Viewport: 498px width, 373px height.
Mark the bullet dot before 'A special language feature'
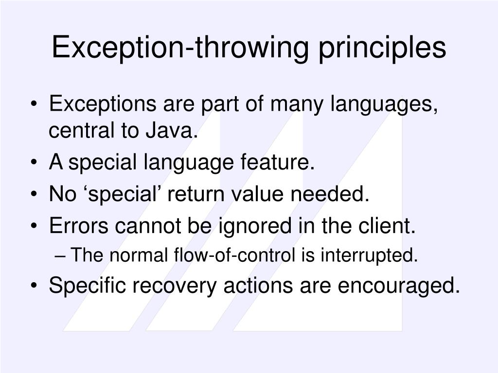38,163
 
